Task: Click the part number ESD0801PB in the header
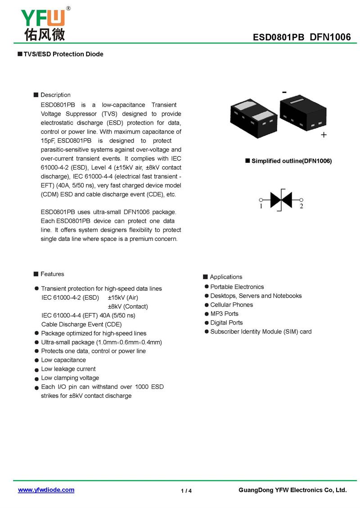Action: coord(279,37)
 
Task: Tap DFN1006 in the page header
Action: coord(330,37)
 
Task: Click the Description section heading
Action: coord(55,95)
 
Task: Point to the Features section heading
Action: coord(52,274)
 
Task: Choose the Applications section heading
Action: coord(226,277)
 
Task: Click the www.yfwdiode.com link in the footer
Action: coord(46,490)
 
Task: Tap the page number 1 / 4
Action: coord(186,490)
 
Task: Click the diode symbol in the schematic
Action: coord(281,199)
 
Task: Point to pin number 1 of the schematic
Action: coord(261,206)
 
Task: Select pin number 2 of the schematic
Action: coord(301,206)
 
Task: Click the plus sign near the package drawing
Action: coord(324,135)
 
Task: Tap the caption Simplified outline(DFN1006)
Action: coord(291,161)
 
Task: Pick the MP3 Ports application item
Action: coord(224,314)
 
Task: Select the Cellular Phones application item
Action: coord(231,305)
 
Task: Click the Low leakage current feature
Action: coord(68,369)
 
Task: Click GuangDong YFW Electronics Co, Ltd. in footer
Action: coord(292,490)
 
